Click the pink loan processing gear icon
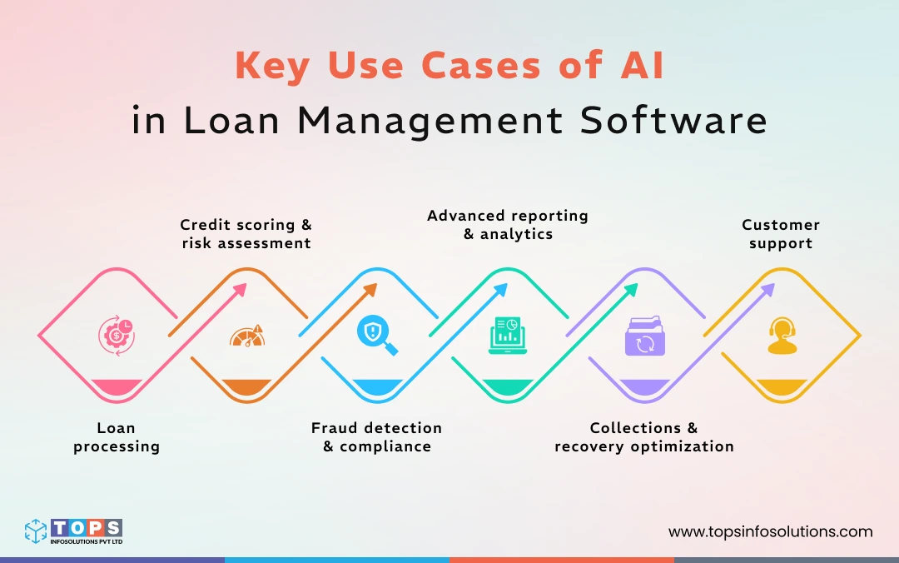coord(116,336)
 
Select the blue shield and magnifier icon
coord(375,336)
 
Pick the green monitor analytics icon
coord(507,336)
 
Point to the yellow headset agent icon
coord(782,336)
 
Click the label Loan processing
coord(116,437)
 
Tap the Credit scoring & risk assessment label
coord(246,234)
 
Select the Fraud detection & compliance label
coord(376,437)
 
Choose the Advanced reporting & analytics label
coord(507,225)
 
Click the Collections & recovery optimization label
coord(644,437)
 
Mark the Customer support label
coord(781,234)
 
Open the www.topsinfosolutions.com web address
coord(770,531)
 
